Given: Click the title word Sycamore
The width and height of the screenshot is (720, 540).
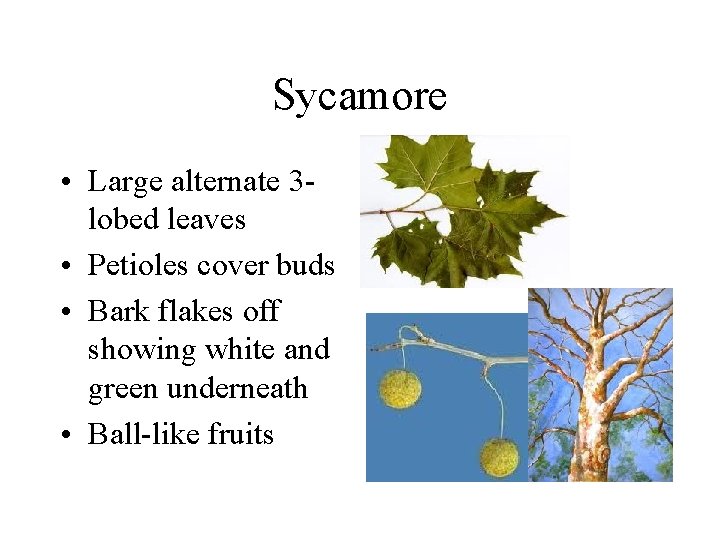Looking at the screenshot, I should click(x=359, y=95).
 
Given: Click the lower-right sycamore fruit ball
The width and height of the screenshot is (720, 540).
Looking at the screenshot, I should click(x=499, y=457).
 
